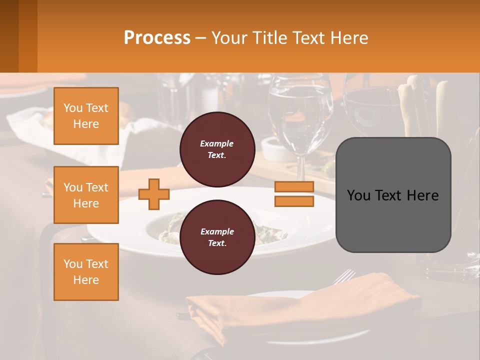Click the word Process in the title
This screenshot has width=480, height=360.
pyautogui.click(x=157, y=38)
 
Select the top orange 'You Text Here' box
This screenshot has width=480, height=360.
pyautogui.click(x=86, y=116)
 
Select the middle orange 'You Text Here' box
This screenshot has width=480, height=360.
pyautogui.click(x=86, y=195)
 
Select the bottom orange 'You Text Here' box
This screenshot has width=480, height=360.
pyautogui.click(x=86, y=272)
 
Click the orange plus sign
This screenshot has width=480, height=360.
pyautogui.click(x=154, y=194)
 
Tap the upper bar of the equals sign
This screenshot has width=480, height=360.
pyautogui.click(x=294, y=186)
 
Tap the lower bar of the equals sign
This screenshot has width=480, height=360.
pyautogui.click(x=294, y=201)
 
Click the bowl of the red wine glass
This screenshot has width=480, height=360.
pyautogui.click(x=370, y=107)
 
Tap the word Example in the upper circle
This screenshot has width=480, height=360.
pyautogui.click(x=217, y=143)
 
